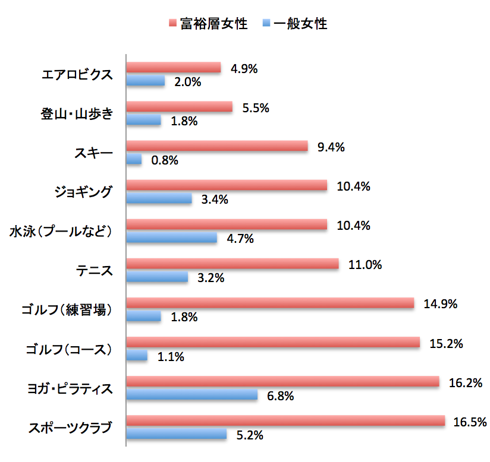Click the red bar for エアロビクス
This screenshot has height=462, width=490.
point(174,68)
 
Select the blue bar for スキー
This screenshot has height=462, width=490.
point(134,159)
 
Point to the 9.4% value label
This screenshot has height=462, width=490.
point(331,147)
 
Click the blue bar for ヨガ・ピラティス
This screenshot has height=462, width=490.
point(192,394)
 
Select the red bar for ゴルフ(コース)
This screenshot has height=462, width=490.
point(273,343)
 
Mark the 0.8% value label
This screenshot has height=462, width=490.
point(164,160)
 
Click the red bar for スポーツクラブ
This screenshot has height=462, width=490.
point(285,421)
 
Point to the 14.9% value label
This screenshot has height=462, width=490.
point(440,304)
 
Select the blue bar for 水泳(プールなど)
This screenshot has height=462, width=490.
point(172,238)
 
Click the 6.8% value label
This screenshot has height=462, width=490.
point(280,395)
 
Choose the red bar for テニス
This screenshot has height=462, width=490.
point(233,264)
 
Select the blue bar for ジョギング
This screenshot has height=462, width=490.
point(159,198)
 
